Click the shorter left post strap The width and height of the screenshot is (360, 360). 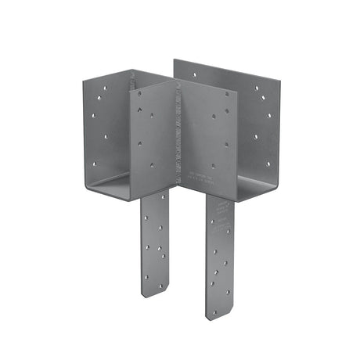pyautogui.click(x=155, y=243)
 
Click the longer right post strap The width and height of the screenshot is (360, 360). pyautogui.click(x=220, y=254)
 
